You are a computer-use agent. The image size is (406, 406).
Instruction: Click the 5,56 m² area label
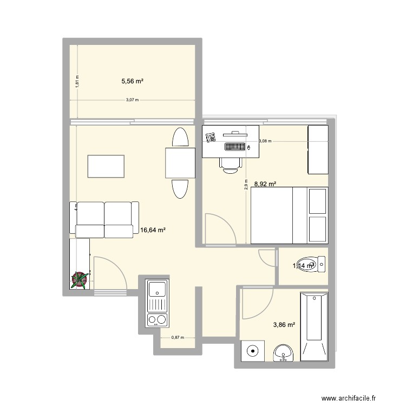(132, 81)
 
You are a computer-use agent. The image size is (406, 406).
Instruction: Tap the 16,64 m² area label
(153, 230)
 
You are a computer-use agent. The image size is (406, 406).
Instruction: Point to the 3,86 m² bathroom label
(284, 325)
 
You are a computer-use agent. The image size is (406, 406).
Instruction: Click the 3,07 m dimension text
(132, 100)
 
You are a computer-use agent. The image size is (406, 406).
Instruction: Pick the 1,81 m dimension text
(77, 81)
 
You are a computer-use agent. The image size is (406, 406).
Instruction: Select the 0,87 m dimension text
(178, 337)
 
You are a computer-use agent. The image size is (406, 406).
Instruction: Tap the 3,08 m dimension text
(265, 141)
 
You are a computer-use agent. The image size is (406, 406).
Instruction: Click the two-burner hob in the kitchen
(158, 319)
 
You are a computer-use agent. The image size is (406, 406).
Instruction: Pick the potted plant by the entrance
(80, 279)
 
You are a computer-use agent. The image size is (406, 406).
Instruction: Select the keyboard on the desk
(235, 146)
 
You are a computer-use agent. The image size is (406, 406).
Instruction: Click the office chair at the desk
(230, 164)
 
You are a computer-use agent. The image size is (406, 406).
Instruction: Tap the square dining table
(180, 164)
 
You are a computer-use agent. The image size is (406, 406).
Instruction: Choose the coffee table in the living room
(107, 166)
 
